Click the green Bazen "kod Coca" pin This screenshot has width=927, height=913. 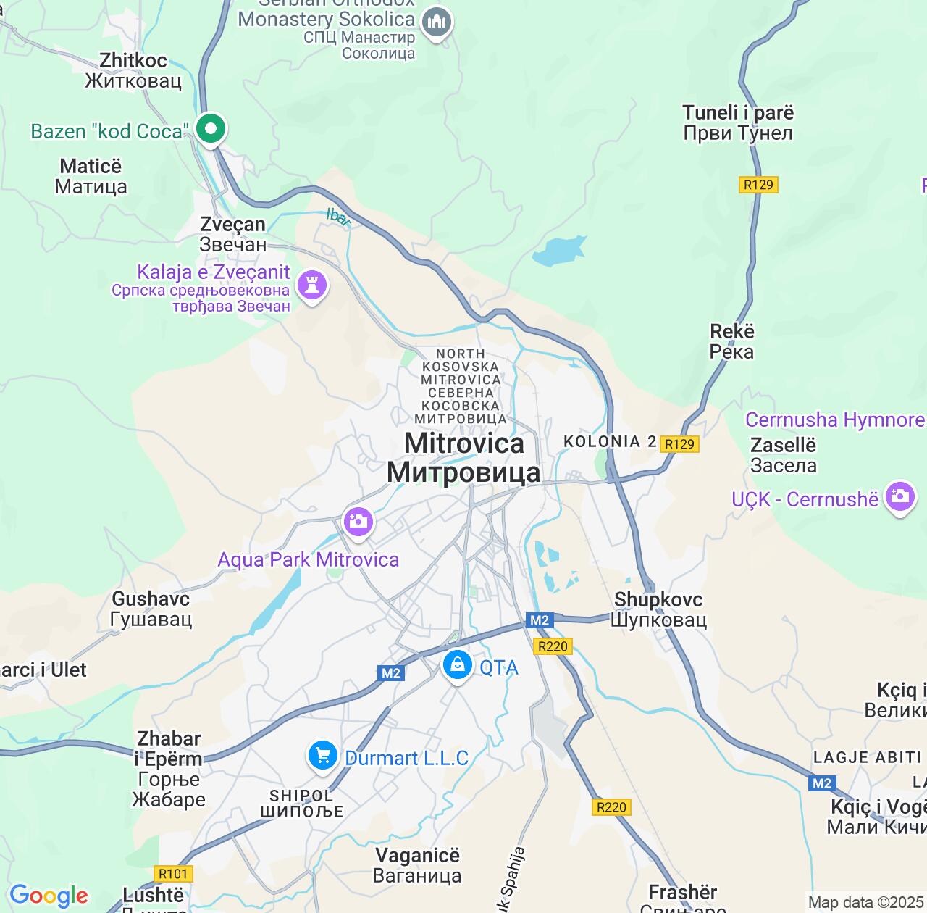pyautogui.click(x=211, y=130)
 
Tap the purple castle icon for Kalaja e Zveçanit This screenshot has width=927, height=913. pyautogui.click(x=312, y=285)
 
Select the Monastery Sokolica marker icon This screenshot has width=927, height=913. pyautogui.click(x=437, y=23)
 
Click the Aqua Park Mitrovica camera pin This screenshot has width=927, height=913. pyautogui.click(x=358, y=522)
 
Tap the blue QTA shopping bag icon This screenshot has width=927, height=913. pyautogui.click(x=457, y=665)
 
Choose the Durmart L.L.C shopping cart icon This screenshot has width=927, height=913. pyautogui.click(x=322, y=756)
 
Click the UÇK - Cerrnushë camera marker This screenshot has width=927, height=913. pyautogui.click(x=900, y=496)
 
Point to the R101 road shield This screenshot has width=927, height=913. pyautogui.click(x=173, y=874)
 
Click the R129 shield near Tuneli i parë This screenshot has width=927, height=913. pyautogui.click(x=758, y=185)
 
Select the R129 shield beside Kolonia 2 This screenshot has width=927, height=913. pyautogui.click(x=679, y=444)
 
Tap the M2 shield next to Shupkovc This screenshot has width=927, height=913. pyautogui.click(x=540, y=620)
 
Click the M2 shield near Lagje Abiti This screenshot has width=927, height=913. pyautogui.click(x=822, y=783)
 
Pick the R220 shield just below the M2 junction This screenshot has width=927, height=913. pyautogui.click(x=553, y=646)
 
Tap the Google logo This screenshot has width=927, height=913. pyautogui.click(x=49, y=896)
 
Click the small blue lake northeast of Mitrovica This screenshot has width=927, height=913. pyautogui.click(x=558, y=251)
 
